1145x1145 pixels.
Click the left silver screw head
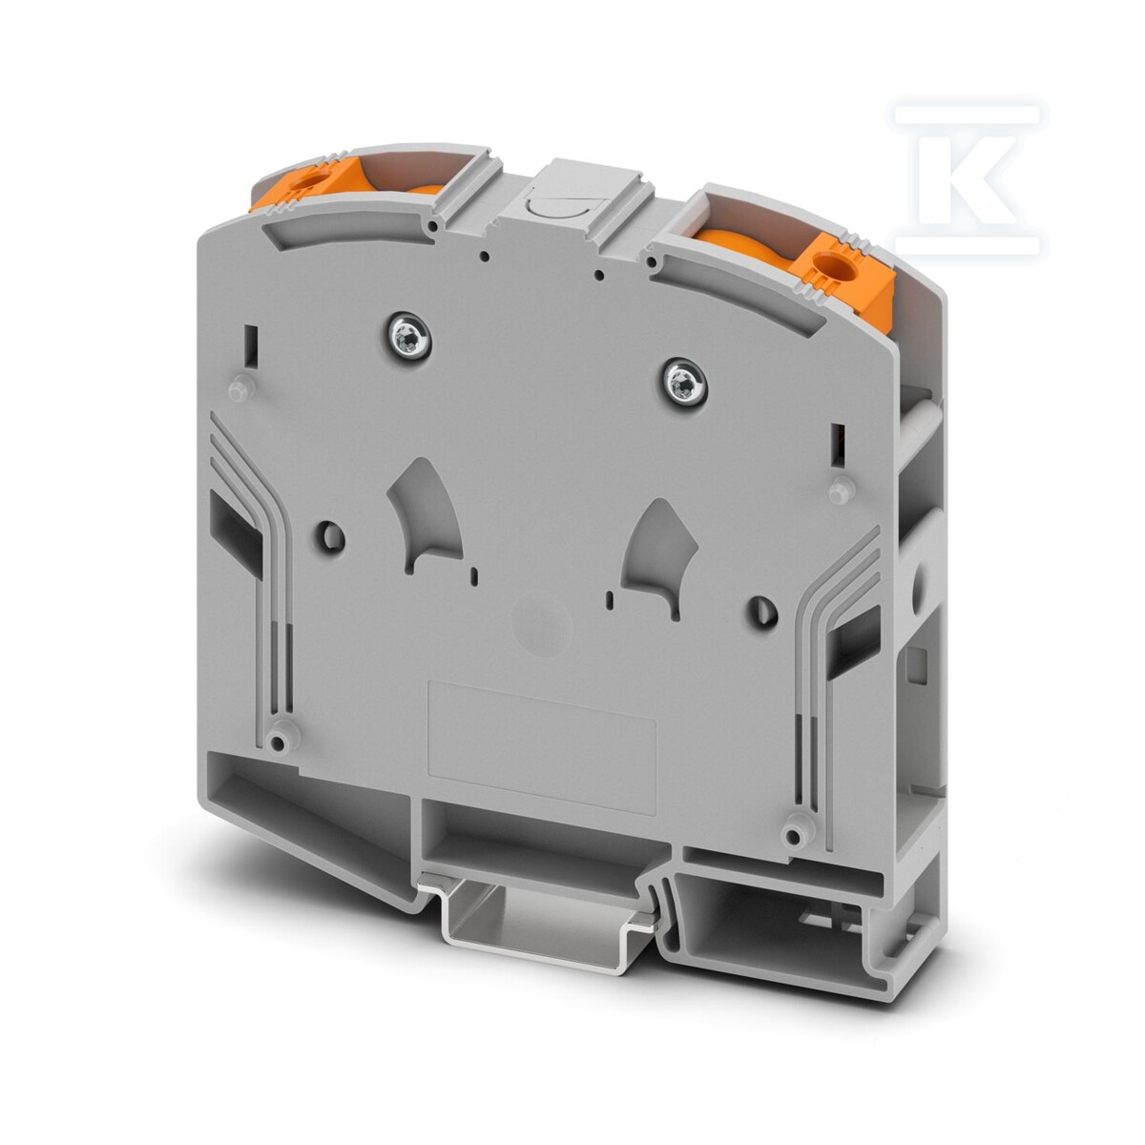pyautogui.click(x=407, y=335)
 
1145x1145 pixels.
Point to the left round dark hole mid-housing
pyautogui.click(x=334, y=536)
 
